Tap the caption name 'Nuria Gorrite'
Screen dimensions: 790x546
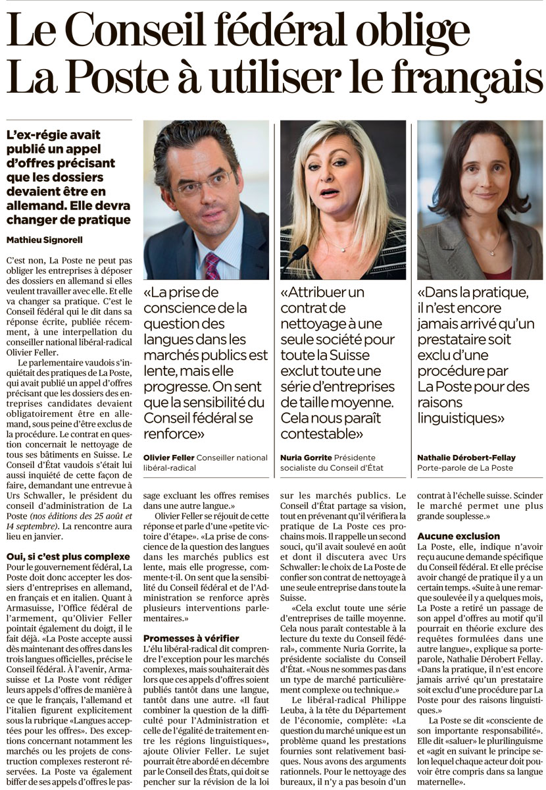(305, 457)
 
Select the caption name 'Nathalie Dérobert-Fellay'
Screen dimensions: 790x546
(467, 457)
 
